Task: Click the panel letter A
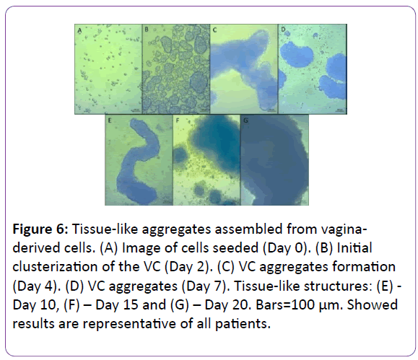pos(79,30)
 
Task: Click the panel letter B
pos(146,29)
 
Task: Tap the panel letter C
pos(214,30)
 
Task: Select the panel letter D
pos(284,30)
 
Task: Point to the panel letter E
pos(109,120)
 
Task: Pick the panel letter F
pos(178,120)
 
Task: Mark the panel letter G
pos(245,120)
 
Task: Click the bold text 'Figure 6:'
pos(40,229)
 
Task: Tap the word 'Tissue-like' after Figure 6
pos(105,229)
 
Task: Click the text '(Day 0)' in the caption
pos(284,248)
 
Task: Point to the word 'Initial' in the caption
pos(354,248)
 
